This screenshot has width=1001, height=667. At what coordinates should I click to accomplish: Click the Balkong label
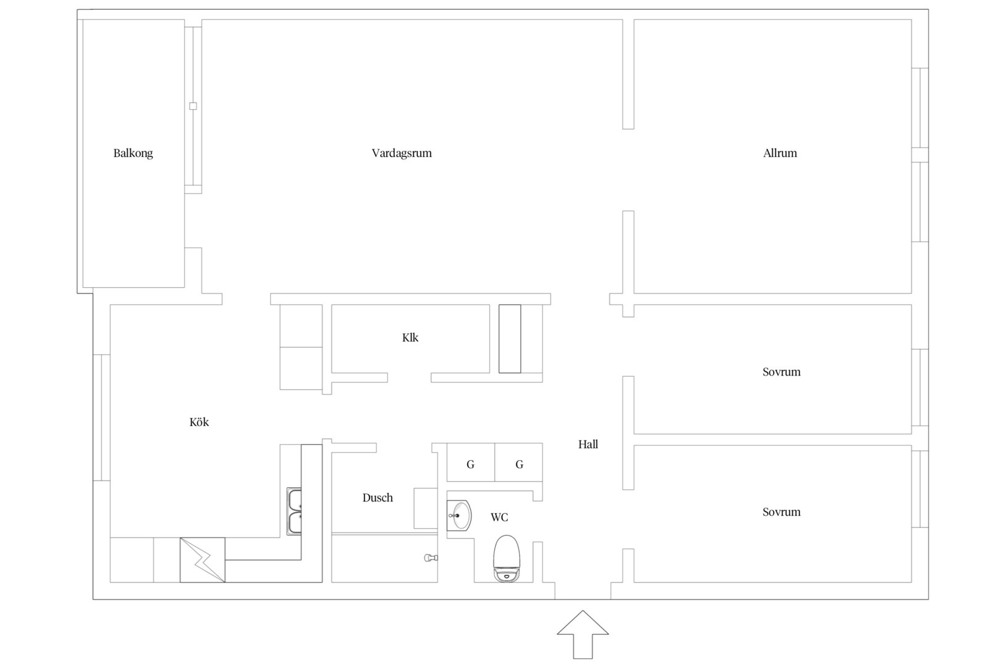[133, 153]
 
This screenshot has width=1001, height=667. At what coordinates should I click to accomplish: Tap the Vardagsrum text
[402, 153]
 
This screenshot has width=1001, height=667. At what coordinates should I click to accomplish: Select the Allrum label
[780, 153]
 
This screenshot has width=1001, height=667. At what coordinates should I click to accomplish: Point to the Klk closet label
[410, 337]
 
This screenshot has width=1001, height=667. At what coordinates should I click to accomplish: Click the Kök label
[199, 422]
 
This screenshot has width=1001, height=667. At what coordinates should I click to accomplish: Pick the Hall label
[588, 444]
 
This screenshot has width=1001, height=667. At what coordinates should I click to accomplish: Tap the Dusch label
[378, 498]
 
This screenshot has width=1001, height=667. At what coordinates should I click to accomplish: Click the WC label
[499, 518]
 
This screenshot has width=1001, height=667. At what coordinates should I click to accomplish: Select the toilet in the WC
[507, 559]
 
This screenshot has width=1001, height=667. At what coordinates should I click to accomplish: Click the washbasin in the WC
[458, 516]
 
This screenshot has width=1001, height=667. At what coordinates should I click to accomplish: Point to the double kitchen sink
[294, 511]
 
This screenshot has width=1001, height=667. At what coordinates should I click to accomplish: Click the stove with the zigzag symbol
[203, 560]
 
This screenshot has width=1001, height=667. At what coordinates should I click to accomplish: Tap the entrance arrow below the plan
[583, 634]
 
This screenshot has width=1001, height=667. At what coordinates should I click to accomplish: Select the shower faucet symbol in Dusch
[431, 558]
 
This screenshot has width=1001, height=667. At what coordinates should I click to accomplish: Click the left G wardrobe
[471, 463]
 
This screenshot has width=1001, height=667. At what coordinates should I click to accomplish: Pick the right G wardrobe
[519, 463]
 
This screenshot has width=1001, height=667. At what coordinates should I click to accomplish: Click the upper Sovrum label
[782, 372]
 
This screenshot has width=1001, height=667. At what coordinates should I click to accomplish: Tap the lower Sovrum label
[782, 512]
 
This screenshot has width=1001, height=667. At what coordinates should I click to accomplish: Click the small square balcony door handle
[193, 106]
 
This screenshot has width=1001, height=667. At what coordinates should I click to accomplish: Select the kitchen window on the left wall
[102, 417]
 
